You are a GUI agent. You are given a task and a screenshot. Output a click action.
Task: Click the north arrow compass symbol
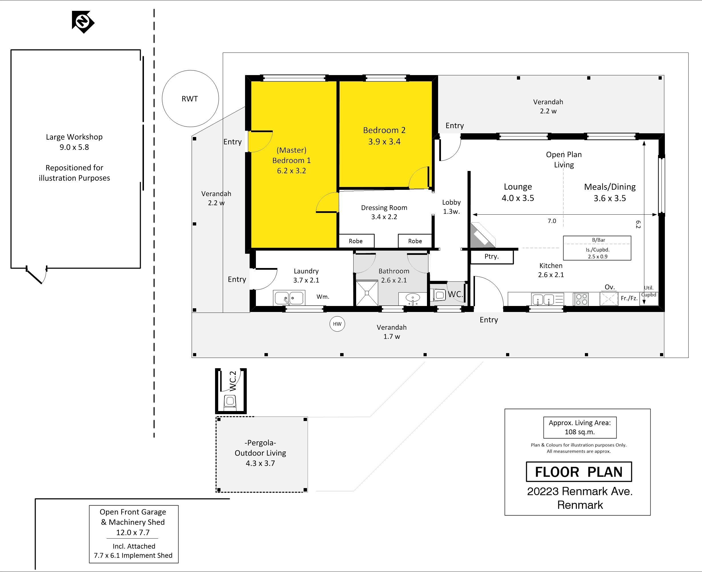tap(83, 22)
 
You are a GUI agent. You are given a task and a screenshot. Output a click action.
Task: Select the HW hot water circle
tap(337, 324)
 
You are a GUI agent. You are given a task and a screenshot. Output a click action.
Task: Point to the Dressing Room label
tap(384, 208)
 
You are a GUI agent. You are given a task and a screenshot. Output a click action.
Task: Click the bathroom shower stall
tap(367, 293)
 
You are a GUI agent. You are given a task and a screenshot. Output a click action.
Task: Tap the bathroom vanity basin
tap(412, 299)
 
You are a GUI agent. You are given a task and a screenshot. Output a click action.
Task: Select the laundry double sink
tap(289, 298)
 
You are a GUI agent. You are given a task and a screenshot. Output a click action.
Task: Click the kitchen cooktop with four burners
tap(581, 299)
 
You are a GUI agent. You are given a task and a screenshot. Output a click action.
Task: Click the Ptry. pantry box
tap(492, 257)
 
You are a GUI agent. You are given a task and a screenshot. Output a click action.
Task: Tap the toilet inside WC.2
tap(230, 402)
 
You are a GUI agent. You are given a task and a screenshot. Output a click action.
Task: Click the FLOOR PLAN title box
tap(579, 472)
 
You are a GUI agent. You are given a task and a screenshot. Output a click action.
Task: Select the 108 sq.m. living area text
tap(580, 432)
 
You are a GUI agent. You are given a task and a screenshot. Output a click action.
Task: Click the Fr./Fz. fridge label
tap(629, 298)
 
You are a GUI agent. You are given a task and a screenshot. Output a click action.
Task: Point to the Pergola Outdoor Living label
tap(260, 453)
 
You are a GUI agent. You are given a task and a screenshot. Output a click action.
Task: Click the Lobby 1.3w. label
tap(452, 207)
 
